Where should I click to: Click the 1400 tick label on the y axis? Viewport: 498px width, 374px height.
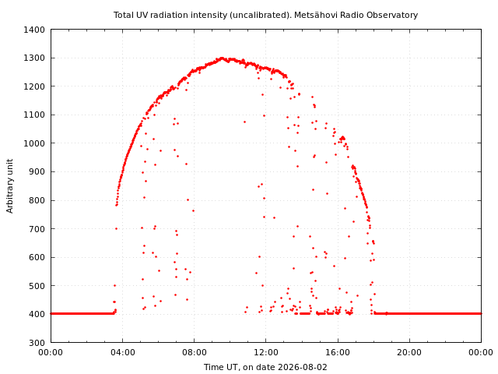pos(34,30)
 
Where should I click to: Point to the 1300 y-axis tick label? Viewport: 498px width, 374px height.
pos(34,58)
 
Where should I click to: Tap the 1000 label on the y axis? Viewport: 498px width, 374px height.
pos(34,143)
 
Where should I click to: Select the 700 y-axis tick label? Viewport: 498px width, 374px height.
pos(37,229)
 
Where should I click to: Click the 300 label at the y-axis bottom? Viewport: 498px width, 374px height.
pos(37,343)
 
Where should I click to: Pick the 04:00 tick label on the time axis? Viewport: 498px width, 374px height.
pos(123,353)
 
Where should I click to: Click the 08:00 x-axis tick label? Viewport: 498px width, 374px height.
pos(195,353)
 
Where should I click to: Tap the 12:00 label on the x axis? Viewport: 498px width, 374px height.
pos(266,353)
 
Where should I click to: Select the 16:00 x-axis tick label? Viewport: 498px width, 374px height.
pos(338,353)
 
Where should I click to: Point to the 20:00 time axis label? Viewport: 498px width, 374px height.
pos(409,353)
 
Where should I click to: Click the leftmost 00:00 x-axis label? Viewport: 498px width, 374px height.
pos(51,353)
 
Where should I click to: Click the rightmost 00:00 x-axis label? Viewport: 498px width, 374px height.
pos(481,353)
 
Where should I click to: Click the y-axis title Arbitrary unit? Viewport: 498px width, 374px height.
pos(10,186)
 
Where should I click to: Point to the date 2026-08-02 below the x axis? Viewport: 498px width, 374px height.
pos(303,367)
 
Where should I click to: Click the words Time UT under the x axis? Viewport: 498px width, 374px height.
pos(221,367)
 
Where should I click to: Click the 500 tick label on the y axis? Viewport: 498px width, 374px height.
pos(37,286)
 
